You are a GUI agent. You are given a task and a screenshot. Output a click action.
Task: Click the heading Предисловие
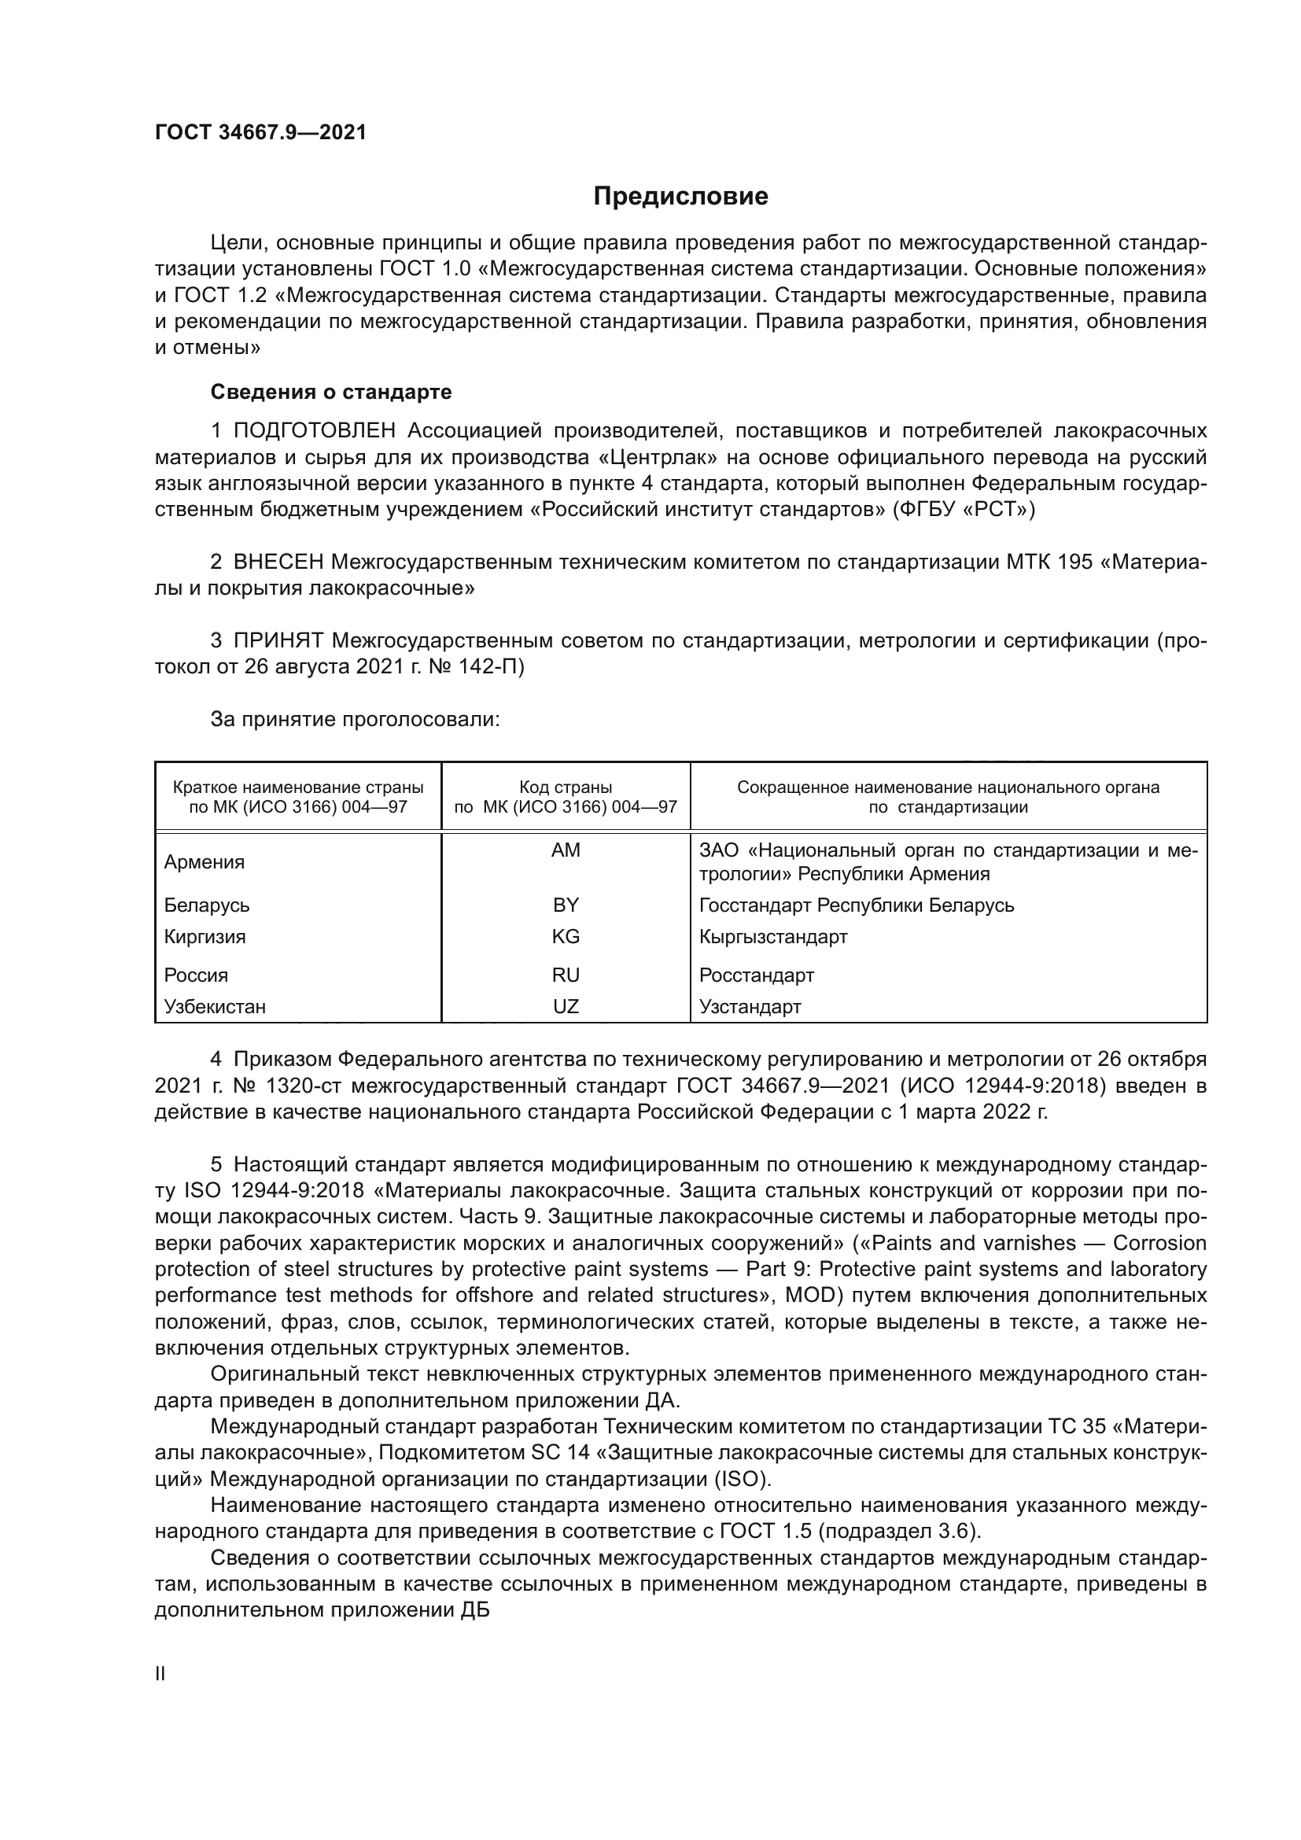(x=681, y=197)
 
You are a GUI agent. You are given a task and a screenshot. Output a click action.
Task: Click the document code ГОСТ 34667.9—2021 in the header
(x=260, y=132)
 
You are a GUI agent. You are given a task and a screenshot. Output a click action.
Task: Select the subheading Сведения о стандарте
(x=331, y=392)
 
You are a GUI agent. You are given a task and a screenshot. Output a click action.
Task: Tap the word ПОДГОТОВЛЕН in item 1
(x=315, y=431)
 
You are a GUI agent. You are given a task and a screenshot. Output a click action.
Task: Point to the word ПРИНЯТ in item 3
(x=278, y=640)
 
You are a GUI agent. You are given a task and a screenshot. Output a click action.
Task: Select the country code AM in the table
(x=566, y=850)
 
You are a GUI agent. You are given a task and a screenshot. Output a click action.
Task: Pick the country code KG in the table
(x=566, y=936)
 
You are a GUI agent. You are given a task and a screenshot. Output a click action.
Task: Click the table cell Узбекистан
(x=215, y=1007)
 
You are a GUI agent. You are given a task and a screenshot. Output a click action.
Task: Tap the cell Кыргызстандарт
(x=773, y=936)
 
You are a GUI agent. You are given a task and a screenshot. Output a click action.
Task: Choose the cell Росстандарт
(x=756, y=975)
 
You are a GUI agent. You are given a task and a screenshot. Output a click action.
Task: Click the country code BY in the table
(x=566, y=905)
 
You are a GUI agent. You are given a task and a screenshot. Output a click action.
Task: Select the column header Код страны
(x=566, y=787)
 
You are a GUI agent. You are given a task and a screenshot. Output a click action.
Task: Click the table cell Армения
(x=205, y=862)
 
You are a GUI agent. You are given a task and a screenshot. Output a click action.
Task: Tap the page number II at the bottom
(x=160, y=1673)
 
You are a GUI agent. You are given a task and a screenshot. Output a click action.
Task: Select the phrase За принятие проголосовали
(x=355, y=719)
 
